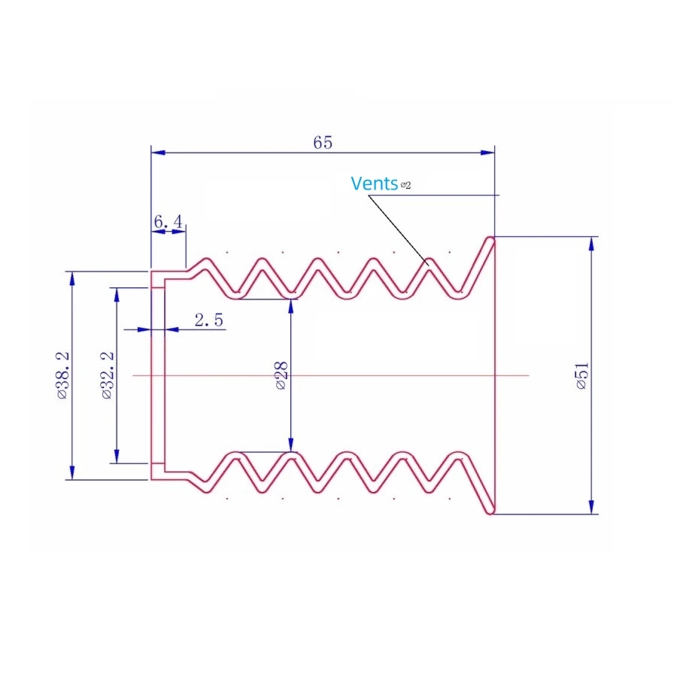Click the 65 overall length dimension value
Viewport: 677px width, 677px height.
(323, 142)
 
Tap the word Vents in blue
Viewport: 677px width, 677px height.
(374, 184)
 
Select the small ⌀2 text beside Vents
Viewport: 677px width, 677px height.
(406, 185)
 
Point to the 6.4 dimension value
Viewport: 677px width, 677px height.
(168, 222)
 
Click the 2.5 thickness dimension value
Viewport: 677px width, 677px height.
(209, 320)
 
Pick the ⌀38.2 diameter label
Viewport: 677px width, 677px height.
(62, 375)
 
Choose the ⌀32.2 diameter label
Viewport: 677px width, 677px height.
(107, 375)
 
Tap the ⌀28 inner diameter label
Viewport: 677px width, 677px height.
(281, 375)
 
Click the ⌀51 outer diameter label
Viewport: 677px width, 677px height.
(582, 375)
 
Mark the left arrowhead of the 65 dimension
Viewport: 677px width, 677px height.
(158, 153)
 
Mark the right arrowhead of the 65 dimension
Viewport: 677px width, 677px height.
(487, 153)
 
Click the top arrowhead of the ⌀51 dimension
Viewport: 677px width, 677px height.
(591, 244)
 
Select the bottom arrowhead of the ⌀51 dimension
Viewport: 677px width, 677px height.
(591, 507)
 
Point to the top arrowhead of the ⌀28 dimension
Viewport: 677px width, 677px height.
(291, 306)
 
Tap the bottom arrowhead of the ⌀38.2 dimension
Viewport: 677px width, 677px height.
(72, 472)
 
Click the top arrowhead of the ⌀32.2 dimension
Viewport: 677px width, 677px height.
(117, 295)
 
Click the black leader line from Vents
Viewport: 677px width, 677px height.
(399, 229)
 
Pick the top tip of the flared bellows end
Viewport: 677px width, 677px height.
(490, 238)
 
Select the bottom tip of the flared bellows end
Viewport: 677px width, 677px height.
(490, 512)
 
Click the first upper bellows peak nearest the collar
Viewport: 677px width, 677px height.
(208, 260)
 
